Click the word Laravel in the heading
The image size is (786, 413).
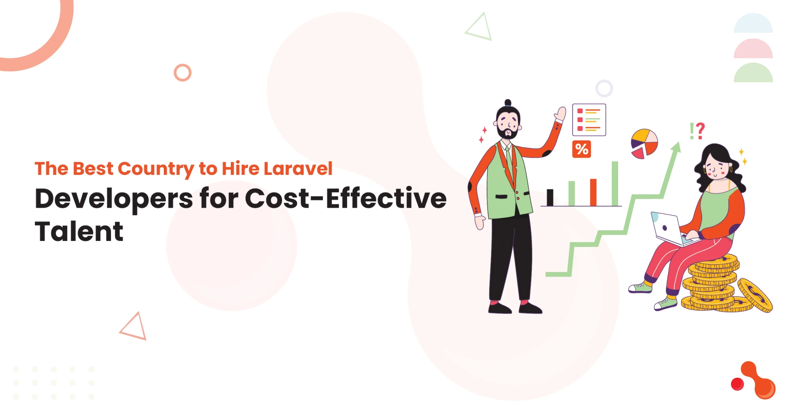298,169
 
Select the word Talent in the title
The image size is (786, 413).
79,231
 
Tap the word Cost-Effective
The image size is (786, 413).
346,199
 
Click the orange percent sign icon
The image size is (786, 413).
581,149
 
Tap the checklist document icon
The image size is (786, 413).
589,120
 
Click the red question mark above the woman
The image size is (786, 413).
700,131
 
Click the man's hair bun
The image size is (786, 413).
508,102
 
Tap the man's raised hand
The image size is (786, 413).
560,113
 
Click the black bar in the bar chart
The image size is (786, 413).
550,197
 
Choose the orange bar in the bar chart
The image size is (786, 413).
593,192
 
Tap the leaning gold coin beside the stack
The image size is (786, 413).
755,295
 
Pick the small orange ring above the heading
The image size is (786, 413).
183,73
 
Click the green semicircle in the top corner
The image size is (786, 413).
753,74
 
